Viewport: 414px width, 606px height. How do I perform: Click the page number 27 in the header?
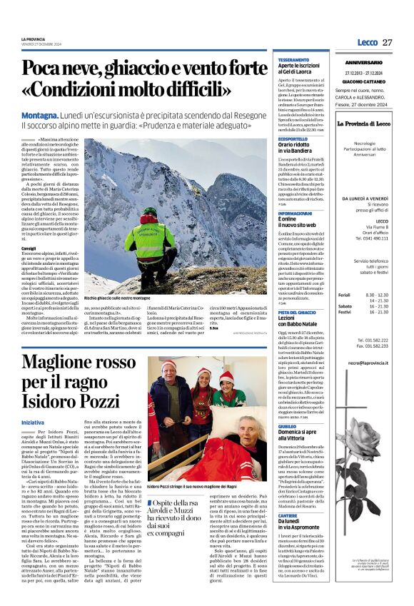click(x=387, y=43)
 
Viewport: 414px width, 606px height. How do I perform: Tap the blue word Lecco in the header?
click(x=367, y=43)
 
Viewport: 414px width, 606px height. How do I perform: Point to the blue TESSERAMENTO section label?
click(x=293, y=59)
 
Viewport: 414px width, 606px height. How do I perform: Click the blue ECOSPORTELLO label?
click(x=293, y=139)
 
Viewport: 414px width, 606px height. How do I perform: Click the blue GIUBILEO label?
click(x=288, y=425)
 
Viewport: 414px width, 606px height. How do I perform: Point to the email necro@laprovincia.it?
click(x=368, y=363)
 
